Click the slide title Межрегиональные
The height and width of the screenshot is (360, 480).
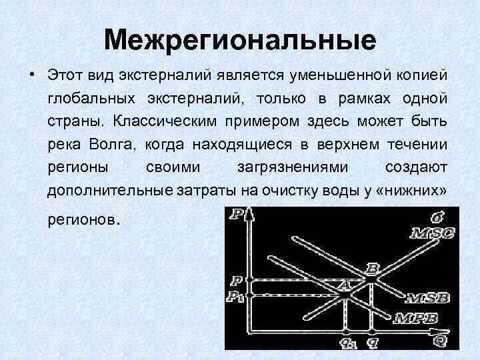click(x=240, y=40)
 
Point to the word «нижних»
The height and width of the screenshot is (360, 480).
click(x=412, y=191)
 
